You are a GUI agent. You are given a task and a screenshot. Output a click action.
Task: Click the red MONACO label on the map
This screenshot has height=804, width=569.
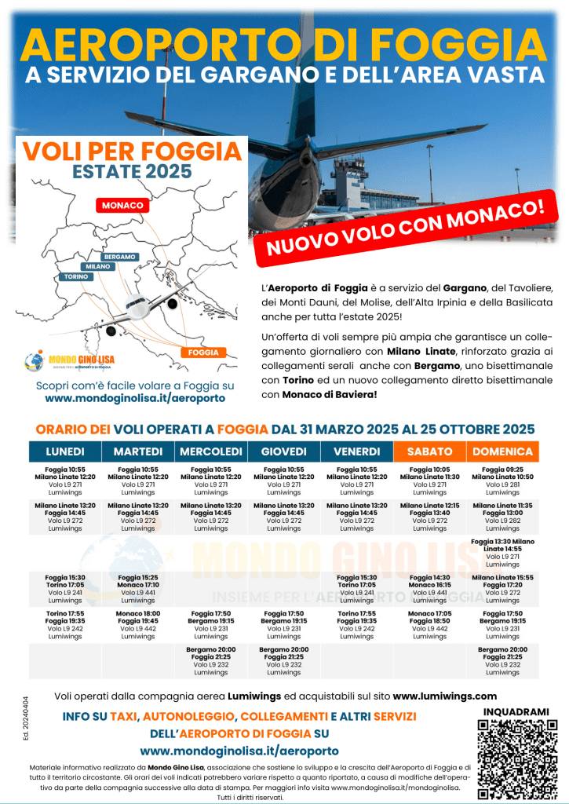click(x=122, y=206)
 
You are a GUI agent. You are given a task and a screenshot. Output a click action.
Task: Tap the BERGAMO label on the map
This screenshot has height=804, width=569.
click(x=119, y=257)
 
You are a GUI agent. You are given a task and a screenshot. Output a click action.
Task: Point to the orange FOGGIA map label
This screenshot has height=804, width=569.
click(x=204, y=353)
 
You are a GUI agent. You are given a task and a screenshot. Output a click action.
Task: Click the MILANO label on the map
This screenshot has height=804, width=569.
click(x=98, y=267)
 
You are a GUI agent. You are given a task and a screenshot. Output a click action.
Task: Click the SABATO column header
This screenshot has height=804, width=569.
click(x=429, y=451)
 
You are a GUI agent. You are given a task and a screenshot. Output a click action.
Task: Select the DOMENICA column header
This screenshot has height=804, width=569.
click(x=502, y=451)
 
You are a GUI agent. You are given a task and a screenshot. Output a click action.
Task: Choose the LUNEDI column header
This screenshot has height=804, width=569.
click(x=65, y=451)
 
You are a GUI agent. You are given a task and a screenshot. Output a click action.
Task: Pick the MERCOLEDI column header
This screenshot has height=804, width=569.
click(x=211, y=451)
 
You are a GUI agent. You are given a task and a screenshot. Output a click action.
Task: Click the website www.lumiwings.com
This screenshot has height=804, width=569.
click(x=444, y=696)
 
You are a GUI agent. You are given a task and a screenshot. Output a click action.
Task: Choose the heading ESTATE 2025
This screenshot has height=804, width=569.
click(x=132, y=170)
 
